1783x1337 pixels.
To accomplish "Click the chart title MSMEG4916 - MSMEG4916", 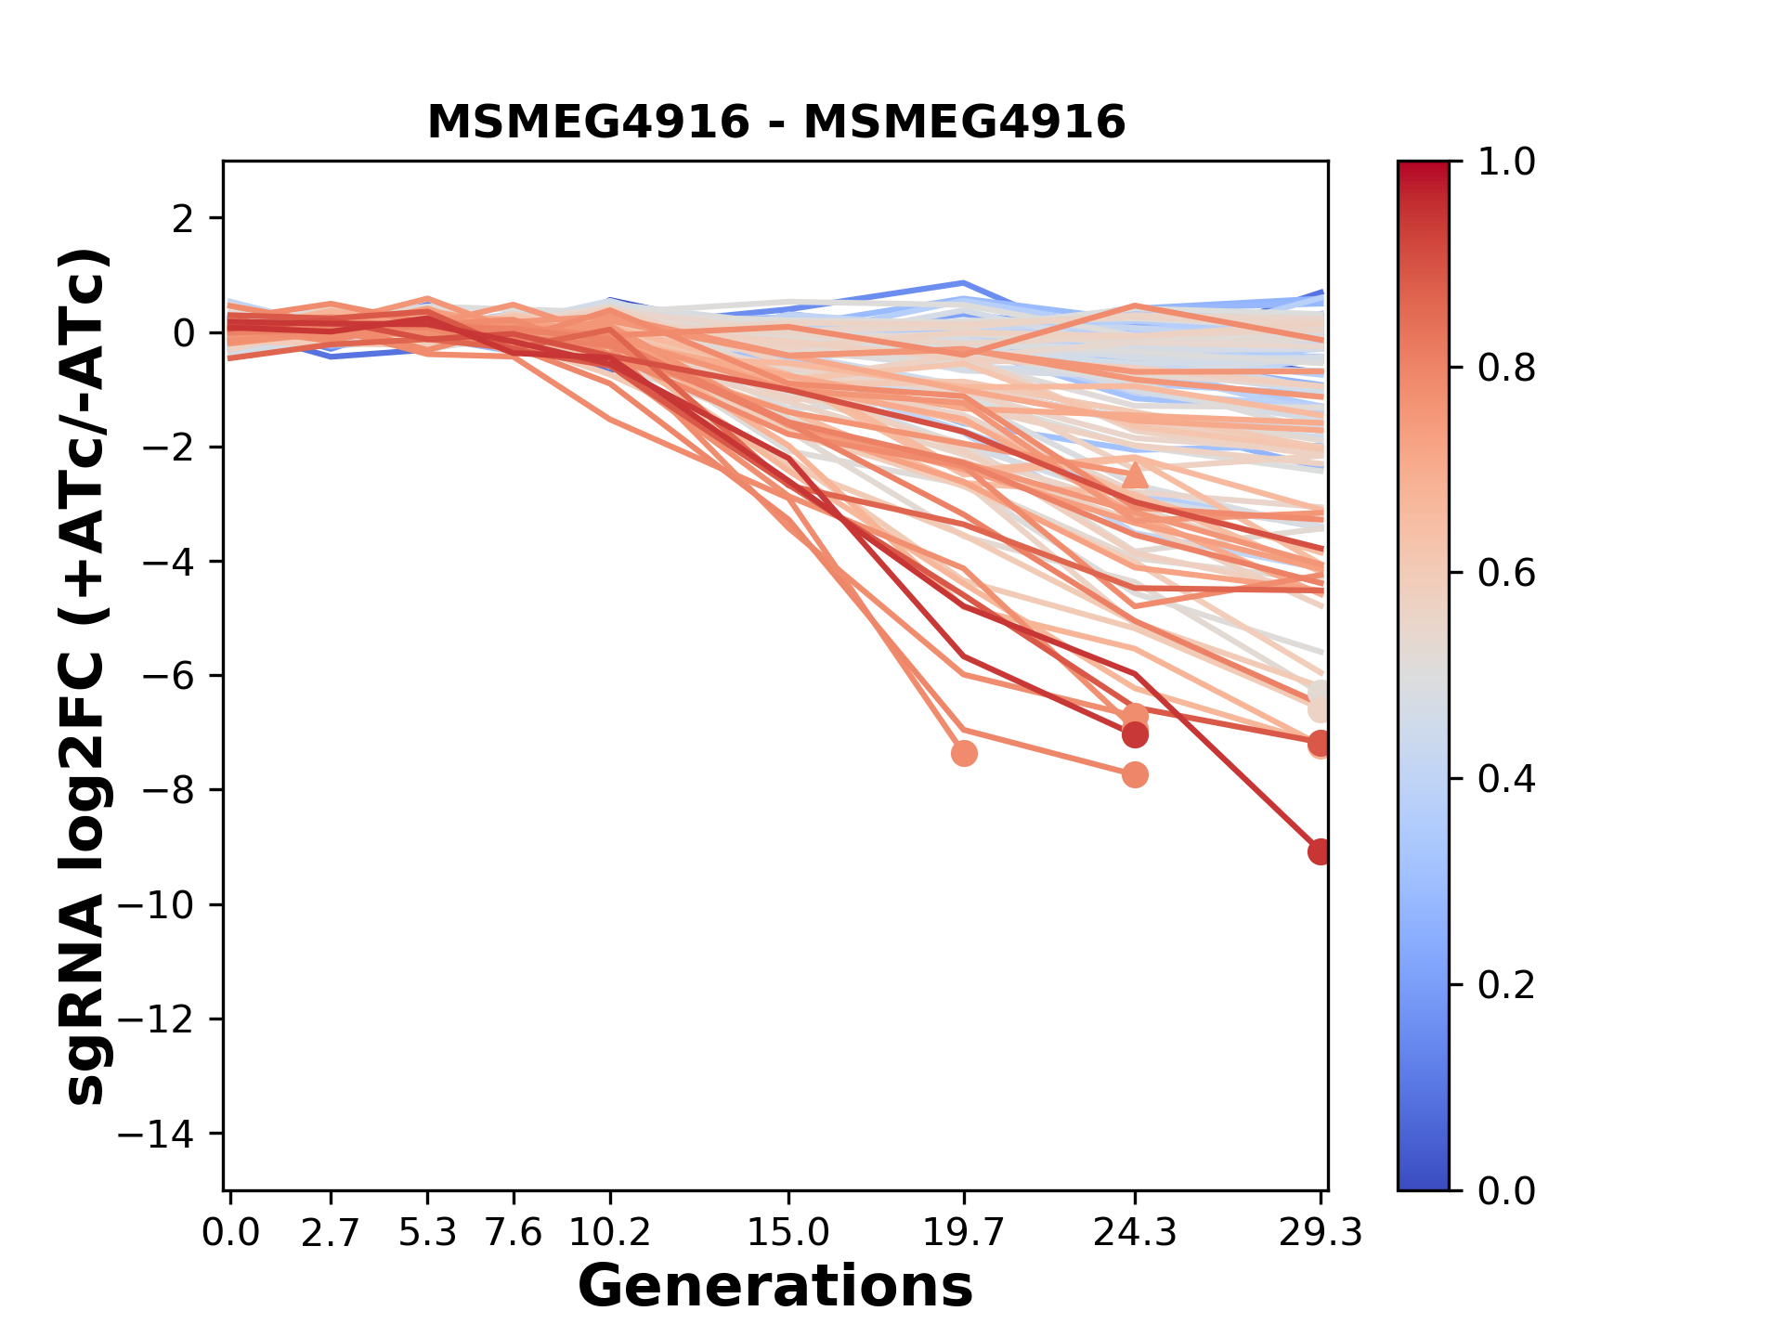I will (776, 123).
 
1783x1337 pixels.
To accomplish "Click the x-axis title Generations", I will (775, 1287).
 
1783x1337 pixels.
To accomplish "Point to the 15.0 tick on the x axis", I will (788, 1233).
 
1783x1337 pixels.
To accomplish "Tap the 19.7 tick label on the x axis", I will (964, 1233).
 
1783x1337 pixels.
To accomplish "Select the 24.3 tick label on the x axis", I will (1134, 1233).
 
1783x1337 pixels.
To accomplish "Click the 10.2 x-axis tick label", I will (609, 1233).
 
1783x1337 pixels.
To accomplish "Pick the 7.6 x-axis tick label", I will (513, 1233).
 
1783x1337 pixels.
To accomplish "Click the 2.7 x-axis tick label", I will (331, 1233).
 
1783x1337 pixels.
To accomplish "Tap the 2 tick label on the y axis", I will (183, 219).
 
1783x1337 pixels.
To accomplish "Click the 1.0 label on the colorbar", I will (1506, 162).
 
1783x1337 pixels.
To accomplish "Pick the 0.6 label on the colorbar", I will (1506, 574).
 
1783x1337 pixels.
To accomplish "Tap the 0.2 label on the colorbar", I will (1506, 985).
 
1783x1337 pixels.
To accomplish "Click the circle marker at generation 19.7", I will (964, 753).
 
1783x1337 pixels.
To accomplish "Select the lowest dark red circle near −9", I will (1320, 851).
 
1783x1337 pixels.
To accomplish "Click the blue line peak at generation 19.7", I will (964, 282).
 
